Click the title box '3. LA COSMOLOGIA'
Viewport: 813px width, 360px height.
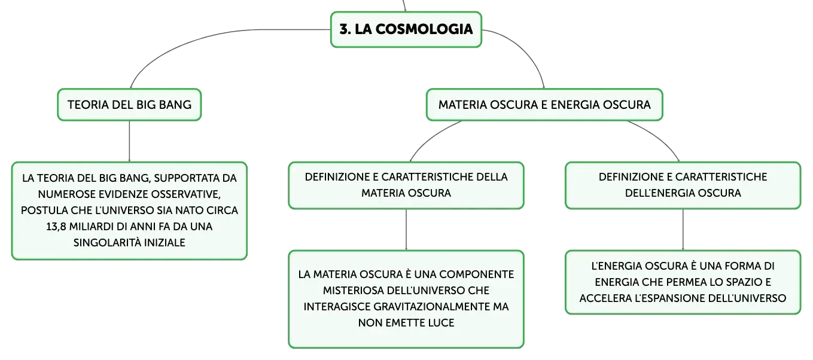pos(406,29)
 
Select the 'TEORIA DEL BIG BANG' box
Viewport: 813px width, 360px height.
pos(129,105)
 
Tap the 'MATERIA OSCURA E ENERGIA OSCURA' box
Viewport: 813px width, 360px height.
pos(544,105)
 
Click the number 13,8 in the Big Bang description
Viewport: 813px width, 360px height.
pos(56,227)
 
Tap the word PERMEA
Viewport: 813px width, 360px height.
pos(684,282)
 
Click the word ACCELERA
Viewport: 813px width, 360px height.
pos(605,298)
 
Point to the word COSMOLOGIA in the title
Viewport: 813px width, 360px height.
pos(424,29)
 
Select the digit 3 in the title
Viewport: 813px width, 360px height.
pos(344,29)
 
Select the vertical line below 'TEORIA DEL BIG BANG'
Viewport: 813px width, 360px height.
pos(129,141)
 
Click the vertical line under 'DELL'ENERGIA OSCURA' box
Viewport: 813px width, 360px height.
pos(683,230)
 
